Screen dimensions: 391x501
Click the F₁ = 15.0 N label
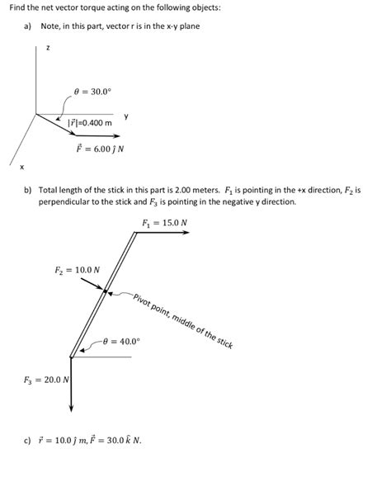[x=164, y=223]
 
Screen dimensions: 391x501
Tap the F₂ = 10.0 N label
[x=77, y=269]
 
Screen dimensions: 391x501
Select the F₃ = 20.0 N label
[x=46, y=380]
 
